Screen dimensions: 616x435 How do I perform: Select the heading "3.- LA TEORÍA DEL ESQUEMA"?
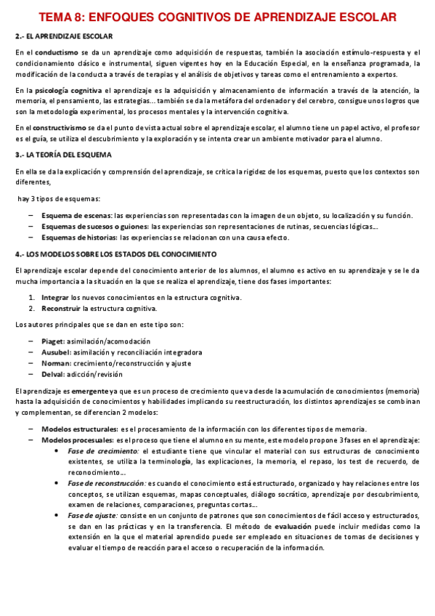[63, 155]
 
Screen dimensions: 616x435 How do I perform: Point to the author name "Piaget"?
[52, 341]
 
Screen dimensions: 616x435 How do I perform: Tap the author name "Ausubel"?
[55, 352]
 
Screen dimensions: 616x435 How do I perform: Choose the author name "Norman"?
[55, 363]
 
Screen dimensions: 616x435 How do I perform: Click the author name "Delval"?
[53, 374]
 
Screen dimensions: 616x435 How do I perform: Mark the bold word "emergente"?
[87, 392]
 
